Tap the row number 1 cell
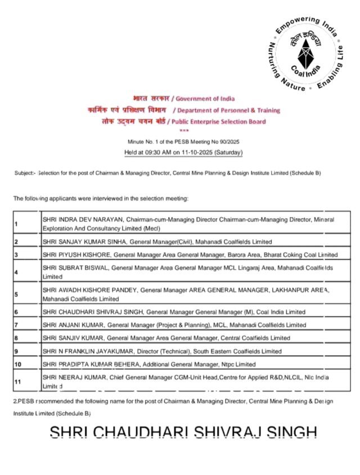click(27, 224)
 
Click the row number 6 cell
click(27, 311)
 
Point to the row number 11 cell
click(27, 382)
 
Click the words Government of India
click(203, 99)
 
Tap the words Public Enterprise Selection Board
click(219, 121)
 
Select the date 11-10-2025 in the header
click(201, 152)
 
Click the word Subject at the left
click(25, 173)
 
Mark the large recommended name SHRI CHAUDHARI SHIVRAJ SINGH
click(183, 433)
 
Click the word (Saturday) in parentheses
click(229, 152)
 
